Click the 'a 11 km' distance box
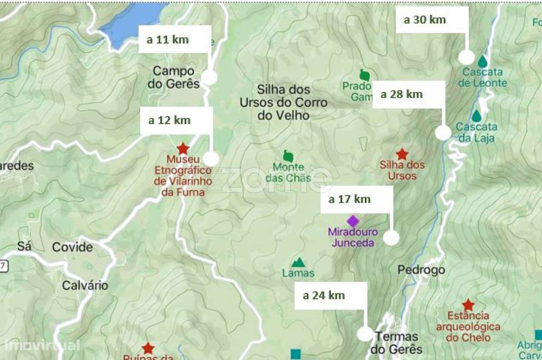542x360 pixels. [x=174, y=39]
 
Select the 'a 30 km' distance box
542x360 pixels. [x=432, y=19]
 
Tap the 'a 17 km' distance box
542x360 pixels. [x=357, y=199]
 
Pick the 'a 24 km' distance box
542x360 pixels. [x=330, y=296]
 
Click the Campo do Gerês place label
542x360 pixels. [x=174, y=77]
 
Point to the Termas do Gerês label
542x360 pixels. [x=396, y=343]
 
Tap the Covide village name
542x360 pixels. [x=72, y=247]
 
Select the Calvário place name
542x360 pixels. [x=85, y=285]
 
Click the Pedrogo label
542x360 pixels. [x=421, y=270]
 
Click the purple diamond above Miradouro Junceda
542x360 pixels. [x=353, y=221]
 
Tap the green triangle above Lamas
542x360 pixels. [x=298, y=263]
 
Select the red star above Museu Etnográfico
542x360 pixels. [x=183, y=149]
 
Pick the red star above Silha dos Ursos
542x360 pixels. [x=401, y=154]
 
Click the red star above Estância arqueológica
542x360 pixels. [x=468, y=305]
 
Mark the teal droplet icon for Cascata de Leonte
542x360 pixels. [x=482, y=62]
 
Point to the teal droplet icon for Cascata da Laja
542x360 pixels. [x=477, y=116]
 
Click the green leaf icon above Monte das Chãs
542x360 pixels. [x=288, y=156]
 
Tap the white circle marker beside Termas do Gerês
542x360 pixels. [x=365, y=334]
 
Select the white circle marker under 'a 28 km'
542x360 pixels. [x=443, y=133]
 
